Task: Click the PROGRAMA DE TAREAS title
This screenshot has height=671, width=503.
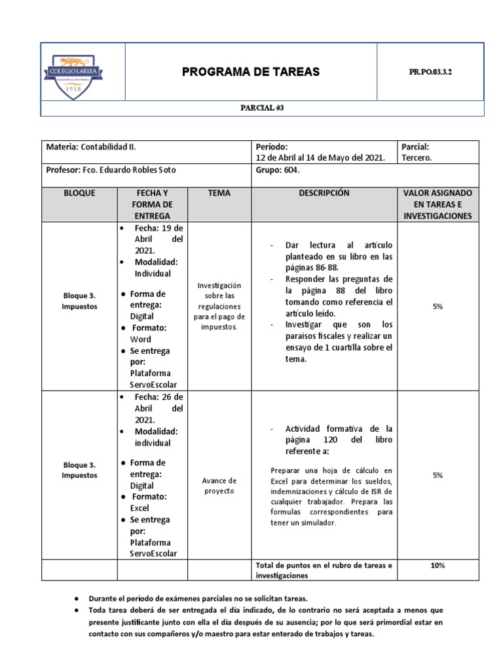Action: pyautogui.click(x=251, y=72)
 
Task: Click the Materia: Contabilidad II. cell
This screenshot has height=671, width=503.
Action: pyautogui.click(x=91, y=147)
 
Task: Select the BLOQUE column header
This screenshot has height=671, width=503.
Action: pyautogui.click(x=79, y=193)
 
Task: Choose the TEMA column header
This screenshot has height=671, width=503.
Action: pyautogui.click(x=219, y=193)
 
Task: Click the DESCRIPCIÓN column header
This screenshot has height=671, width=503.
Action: pyautogui.click(x=324, y=193)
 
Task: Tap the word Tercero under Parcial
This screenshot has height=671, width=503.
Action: pyautogui.click(x=417, y=158)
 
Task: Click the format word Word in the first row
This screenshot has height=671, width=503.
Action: pyautogui.click(x=140, y=339)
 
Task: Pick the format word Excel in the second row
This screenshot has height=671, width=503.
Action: pyautogui.click(x=140, y=508)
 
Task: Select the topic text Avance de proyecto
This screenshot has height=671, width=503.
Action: pyautogui.click(x=219, y=486)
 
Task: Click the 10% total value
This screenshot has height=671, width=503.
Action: pyautogui.click(x=438, y=565)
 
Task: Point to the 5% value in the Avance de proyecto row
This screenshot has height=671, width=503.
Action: pyautogui.click(x=438, y=476)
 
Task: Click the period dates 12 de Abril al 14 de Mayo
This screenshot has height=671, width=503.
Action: pyautogui.click(x=320, y=158)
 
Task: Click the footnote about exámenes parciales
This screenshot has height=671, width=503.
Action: pyautogui.click(x=198, y=598)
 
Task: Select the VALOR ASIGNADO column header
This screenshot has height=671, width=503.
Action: pyautogui.click(x=438, y=204)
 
